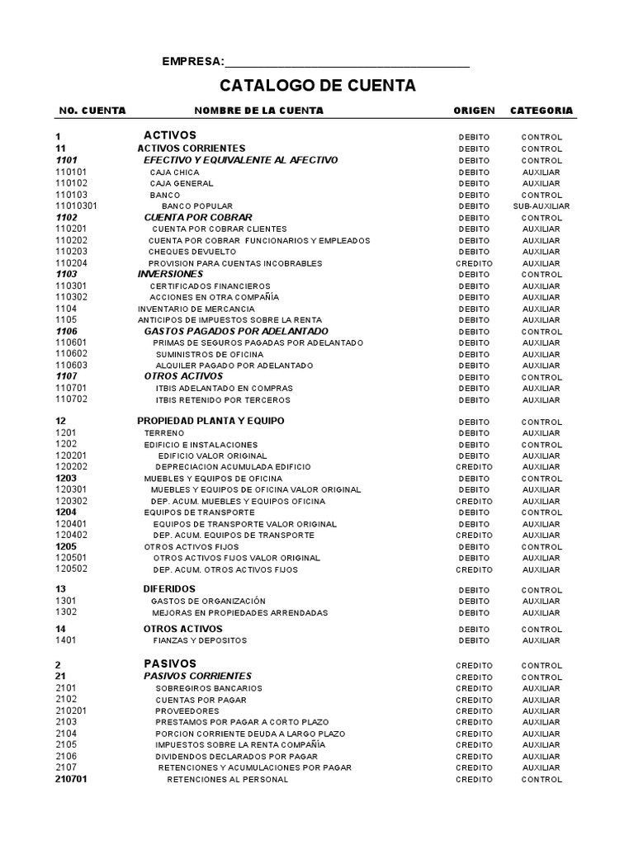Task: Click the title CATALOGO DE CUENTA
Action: point(317,86)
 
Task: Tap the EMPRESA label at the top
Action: point(192,62)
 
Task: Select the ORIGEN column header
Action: point(474,111)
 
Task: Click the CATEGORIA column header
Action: point(541,111)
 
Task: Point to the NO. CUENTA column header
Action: point(92,111)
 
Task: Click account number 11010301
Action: point(77,205)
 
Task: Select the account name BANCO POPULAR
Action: point(196,205)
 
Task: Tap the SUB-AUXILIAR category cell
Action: point(541,205)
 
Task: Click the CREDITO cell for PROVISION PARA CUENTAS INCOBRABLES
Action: point(474,263)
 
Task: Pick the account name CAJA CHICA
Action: point(174,172)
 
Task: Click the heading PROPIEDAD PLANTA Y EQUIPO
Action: point(211,421)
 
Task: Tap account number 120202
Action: point(72,467)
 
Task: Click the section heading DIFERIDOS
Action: point(169,589)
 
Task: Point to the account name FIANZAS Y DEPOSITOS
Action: point(200,640)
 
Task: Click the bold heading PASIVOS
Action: point(170,663)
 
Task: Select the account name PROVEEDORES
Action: point(187,710)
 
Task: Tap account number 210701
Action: point(72,779)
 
